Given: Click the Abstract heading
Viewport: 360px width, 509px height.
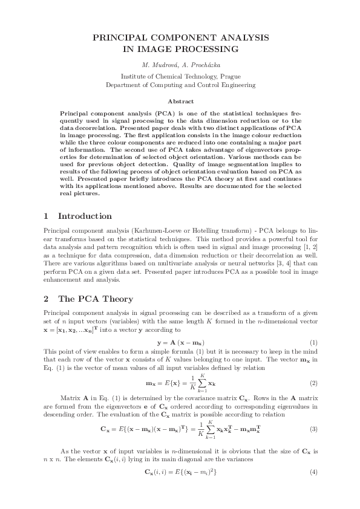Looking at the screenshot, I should tap(180, 102).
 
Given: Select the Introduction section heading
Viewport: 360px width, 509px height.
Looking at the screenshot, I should tap(84, 216).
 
